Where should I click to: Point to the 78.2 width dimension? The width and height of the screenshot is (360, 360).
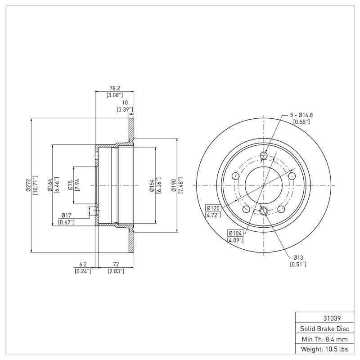[x=114, y=89]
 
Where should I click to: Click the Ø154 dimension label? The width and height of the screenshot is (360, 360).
[x=152, y=185]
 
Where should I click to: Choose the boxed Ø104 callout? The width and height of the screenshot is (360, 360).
[x=235, y=233]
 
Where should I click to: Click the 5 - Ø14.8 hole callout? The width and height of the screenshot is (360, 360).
[x=301, y=115]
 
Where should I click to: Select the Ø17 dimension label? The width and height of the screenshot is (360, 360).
[x=67, y=216]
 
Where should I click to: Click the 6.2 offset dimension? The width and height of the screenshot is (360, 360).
[x=83, y=264]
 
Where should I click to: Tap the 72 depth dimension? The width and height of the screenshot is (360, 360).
[x=115, y=264]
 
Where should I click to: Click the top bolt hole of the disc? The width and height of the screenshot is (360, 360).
[x=264, y=156]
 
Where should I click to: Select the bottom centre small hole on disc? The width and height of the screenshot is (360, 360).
[x=264, y=211]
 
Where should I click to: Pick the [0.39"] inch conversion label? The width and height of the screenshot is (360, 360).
[x=125, y=109]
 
